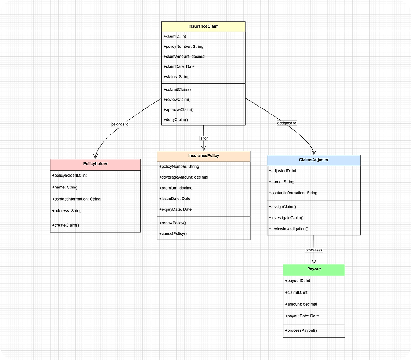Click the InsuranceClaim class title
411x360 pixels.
(203, 26)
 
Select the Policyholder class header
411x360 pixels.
(95, 164)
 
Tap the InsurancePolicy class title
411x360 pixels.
(203, 156)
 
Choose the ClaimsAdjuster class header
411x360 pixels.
(313, 160)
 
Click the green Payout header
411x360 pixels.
(314, 269)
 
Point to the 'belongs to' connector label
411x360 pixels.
(120, 124)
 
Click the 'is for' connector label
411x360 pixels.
(204, 138)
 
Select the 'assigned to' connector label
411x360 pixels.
(287, 123)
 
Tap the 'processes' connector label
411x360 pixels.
(314, 250)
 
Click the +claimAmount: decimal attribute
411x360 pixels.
(184, 57)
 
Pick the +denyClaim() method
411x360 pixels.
(175, 120)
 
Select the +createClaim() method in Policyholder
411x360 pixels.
(65, 225)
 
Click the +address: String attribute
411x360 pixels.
(67, 211)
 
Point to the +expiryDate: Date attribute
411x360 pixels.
(175, 209)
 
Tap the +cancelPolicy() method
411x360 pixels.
(173, 234)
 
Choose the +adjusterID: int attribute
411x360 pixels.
(283, 171)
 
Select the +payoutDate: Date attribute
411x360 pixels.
(302, 316)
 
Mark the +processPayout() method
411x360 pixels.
(301, 330)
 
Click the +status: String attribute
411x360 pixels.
(176, 77)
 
